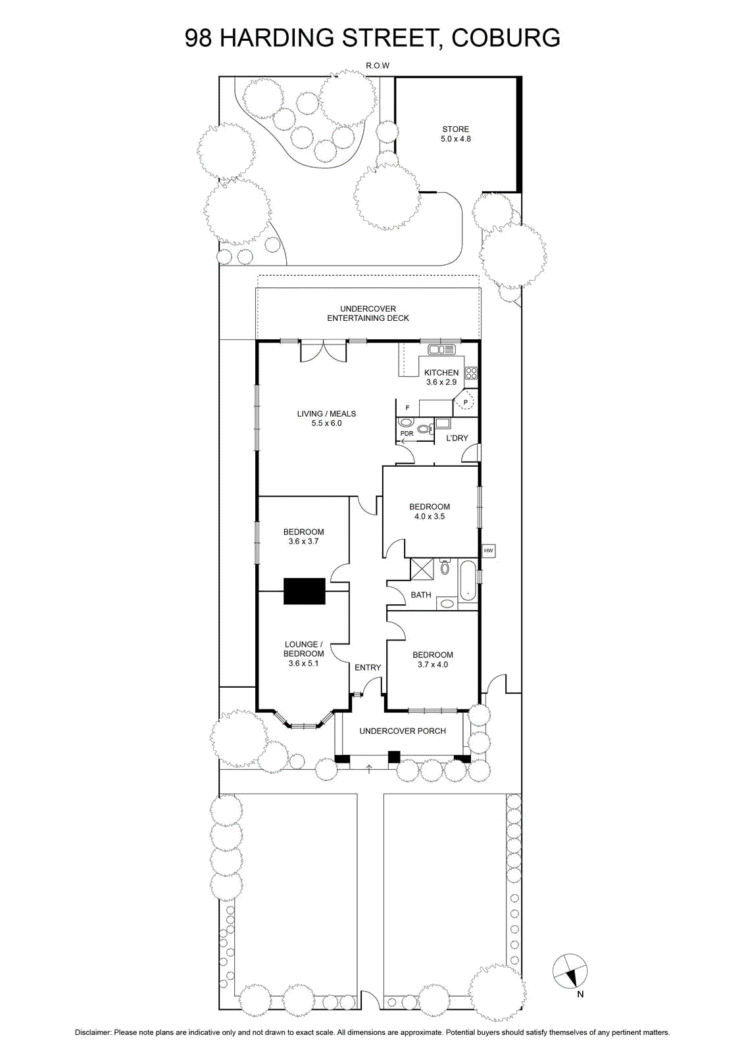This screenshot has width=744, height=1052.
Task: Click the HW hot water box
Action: (488, 550)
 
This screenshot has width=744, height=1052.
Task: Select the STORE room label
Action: (455, 129)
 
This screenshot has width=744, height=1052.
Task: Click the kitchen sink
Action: (442, 349)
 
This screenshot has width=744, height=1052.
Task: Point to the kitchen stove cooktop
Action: (471, 373)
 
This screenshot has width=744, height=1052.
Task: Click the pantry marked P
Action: (465, 402)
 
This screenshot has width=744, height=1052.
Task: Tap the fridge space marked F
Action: (407, 408)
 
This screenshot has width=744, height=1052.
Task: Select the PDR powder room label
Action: (407, 433)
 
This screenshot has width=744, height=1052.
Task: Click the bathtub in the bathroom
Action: (468, 581)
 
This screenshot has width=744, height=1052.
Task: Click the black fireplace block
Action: (304, 591)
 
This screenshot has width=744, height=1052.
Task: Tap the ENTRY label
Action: (368, 667)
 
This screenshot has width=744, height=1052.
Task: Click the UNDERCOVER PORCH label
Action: (403, 730)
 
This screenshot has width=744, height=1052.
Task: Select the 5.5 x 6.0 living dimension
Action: (326, 423)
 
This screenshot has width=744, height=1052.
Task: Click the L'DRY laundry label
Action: (457, 438)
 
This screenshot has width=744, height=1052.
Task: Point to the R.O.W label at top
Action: (378, 66)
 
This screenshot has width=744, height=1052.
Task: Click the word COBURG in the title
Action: (506, 37)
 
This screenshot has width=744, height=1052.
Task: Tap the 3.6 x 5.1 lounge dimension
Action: (304, 663)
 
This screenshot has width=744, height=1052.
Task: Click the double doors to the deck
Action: (324, 350)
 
